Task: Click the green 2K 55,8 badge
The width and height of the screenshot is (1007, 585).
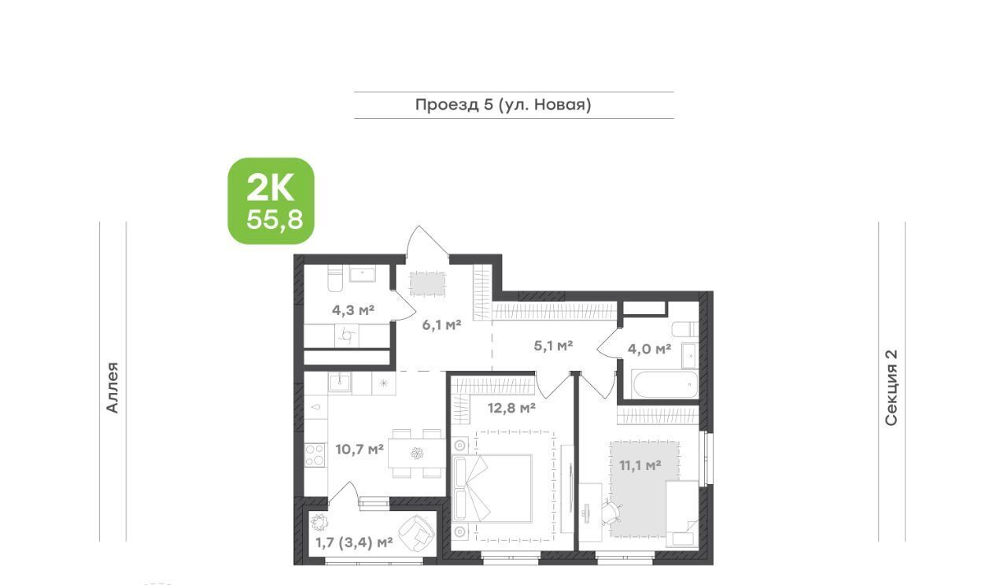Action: [x=271, y=201]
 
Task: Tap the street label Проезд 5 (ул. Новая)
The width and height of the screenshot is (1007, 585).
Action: [x=503, y=105]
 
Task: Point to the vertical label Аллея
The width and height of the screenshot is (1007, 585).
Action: [x=113, y=387]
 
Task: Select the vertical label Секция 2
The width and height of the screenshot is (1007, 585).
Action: [x=891, y=387]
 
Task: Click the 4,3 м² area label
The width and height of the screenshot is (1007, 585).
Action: [x=353, y=310]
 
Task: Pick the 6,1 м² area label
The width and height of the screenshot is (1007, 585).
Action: [x=441, y=324]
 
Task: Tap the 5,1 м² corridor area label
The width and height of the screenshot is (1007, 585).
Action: [x=553, y=346]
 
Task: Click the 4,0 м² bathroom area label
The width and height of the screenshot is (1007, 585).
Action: [x=650, y=349]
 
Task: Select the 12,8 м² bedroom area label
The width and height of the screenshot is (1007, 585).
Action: [x=511, y=408]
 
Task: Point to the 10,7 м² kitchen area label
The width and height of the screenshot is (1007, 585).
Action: [x=360, y=449]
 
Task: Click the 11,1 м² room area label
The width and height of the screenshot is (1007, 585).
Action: [x=640, y=465]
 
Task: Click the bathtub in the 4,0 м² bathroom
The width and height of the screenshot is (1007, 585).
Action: [x=664, y=385]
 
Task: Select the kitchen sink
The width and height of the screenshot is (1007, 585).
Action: [x=340, y=383]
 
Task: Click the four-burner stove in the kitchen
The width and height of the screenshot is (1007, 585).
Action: [x=315, y=454]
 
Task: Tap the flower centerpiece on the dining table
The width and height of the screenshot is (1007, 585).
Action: [x=417, y=454]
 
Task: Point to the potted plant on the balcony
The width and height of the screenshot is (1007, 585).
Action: [x=319, y=523]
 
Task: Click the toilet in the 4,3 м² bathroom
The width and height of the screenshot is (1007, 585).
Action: [x=335, y=279]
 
